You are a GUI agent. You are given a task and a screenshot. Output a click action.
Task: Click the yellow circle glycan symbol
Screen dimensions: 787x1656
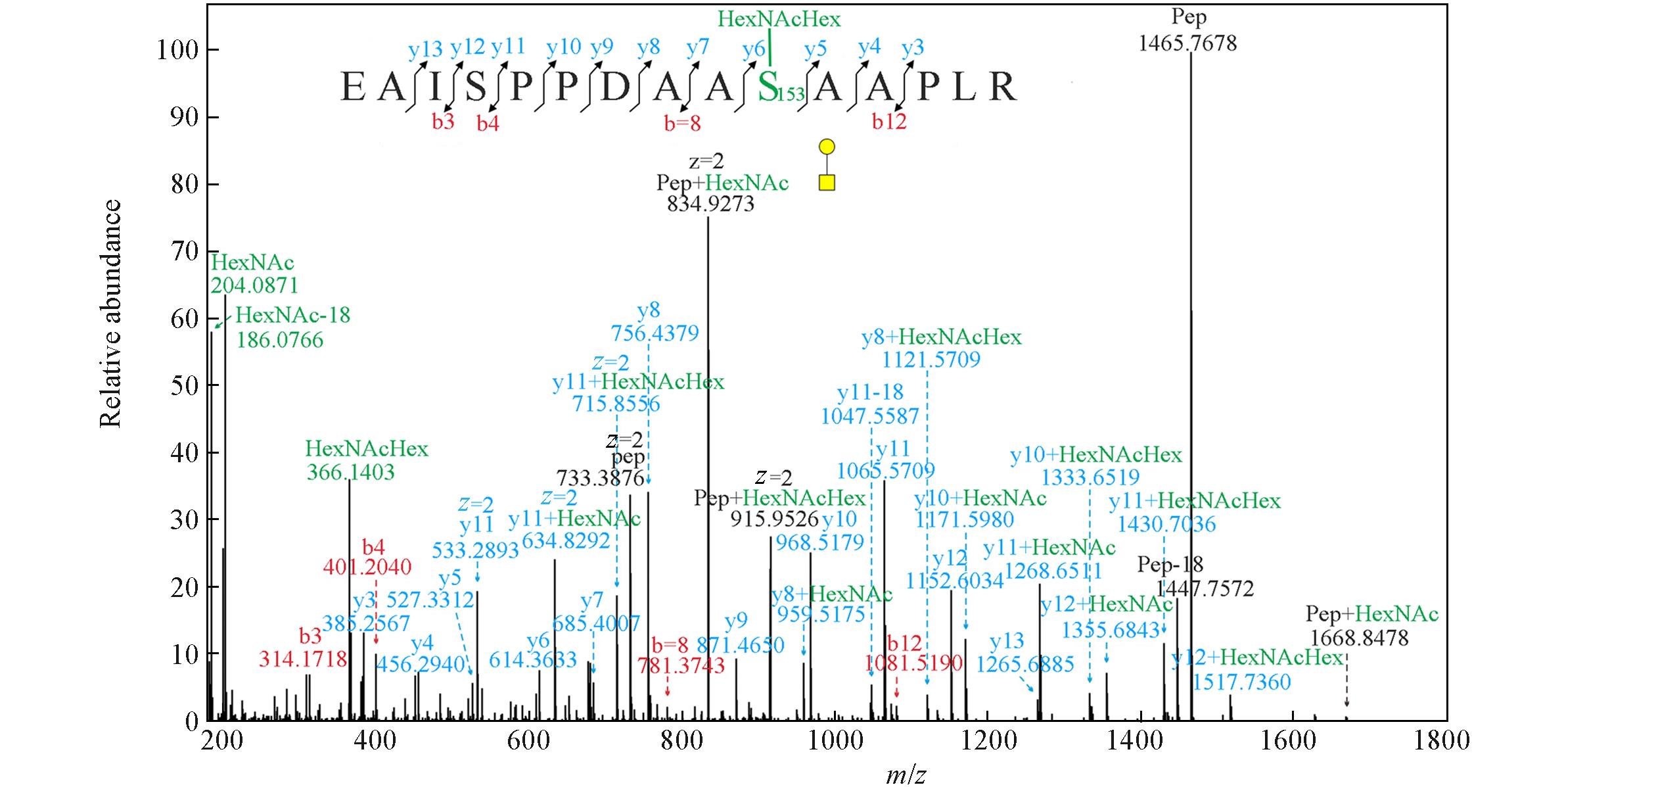[827, 146]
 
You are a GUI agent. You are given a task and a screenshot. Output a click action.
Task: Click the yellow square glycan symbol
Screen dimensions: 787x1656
[827, 182]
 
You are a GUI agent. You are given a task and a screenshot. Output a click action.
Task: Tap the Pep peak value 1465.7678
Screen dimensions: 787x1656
[1187, 43]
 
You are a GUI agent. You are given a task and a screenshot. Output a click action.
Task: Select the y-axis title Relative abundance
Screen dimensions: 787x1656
[111, 314]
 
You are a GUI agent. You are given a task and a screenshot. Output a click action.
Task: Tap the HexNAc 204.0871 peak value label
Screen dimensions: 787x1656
[254, 285]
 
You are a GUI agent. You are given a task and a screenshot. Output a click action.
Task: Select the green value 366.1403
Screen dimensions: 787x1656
[350, 472]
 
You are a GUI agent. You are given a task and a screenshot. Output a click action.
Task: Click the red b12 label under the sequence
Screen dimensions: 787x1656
[889, 122]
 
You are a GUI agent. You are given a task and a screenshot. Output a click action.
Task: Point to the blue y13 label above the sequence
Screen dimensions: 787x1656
[425, 48]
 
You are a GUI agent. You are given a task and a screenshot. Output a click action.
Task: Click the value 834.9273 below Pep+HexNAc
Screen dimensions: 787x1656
[710, 204]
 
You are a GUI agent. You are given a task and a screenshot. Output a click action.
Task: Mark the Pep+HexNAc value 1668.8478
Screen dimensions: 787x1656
[1359, 638]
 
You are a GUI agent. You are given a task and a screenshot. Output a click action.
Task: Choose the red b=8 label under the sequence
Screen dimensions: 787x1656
[682, 122]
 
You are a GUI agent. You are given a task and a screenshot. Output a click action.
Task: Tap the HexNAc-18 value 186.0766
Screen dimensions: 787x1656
[280, 340]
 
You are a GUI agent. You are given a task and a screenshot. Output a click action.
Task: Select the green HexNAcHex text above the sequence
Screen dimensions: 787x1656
[779, 19]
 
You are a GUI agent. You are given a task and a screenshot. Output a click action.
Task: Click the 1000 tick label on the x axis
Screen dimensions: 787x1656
[837, 741]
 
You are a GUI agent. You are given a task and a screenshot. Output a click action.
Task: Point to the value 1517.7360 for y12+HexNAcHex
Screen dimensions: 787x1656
[1241, 682]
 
